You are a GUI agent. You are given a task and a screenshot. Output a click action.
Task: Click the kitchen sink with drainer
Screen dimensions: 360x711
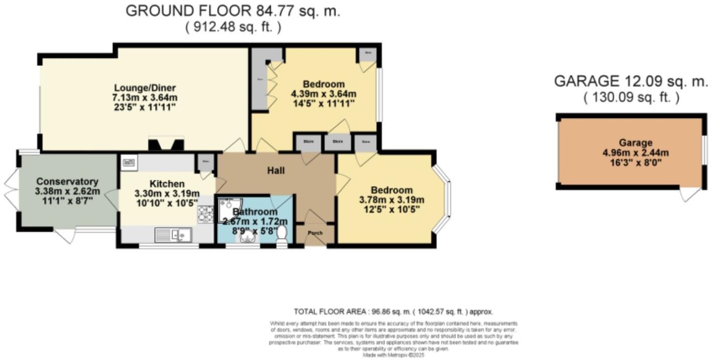coord(172,234)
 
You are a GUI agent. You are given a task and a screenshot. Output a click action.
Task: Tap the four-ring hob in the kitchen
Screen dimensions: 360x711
coord(205,214)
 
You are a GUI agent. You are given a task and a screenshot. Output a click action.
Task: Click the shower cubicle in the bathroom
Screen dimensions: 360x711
coord(229,210)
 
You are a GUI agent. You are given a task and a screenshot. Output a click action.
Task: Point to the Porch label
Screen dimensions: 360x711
coord(315,232)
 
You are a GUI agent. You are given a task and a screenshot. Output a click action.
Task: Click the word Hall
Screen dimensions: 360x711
coord(276,171)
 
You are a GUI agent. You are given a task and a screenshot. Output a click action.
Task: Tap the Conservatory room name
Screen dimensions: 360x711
coord(67,181)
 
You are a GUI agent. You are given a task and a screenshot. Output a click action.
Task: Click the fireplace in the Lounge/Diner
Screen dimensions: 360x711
coord(165,145)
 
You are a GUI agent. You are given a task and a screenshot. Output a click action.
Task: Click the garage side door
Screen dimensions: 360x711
coord(690,194)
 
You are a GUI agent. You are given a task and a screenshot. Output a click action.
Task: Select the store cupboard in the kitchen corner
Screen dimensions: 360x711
coord(205,162)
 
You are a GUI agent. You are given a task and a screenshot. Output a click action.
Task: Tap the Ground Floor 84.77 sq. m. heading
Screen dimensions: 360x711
coord(232,11)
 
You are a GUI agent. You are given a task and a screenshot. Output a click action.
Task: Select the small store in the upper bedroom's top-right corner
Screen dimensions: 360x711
coord(368,53)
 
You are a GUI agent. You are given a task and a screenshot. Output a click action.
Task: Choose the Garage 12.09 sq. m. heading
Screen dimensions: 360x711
coord(631,81)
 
